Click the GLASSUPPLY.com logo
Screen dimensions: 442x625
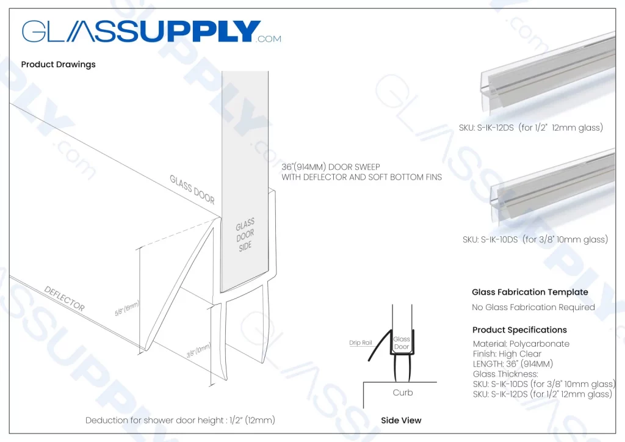[x=151, y=32]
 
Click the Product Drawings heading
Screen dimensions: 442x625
[x=58, y=64]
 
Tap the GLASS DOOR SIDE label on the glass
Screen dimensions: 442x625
[x=245, y=235]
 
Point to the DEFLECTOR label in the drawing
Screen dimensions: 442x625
[x=64, y=298]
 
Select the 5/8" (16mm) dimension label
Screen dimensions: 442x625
[x=128, y=308]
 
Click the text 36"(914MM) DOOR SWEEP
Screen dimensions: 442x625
[x=330, y=167]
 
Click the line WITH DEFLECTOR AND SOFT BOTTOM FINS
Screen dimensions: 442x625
[x=361, y=177]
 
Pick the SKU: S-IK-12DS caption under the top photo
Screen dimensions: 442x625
[x=530, y=128]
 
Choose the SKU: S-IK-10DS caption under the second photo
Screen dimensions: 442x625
[x=535, y=239]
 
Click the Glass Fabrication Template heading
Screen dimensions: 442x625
[x=530, y=292]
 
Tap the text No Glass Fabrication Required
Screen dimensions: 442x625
[x=533, y=307]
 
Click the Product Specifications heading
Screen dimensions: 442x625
[x=519, y=330]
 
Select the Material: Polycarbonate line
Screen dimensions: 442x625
[x=521, y=344]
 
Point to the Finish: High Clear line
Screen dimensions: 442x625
[x=506, y=353]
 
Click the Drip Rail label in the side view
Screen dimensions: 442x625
[x=361, y=343]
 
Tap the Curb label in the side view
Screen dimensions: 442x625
[x=402, y=393]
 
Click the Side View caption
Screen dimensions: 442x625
[x=401, y=420]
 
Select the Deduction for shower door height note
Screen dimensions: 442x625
[x=180, y=420]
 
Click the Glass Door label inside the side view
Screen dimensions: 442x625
[x=402, y=343]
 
